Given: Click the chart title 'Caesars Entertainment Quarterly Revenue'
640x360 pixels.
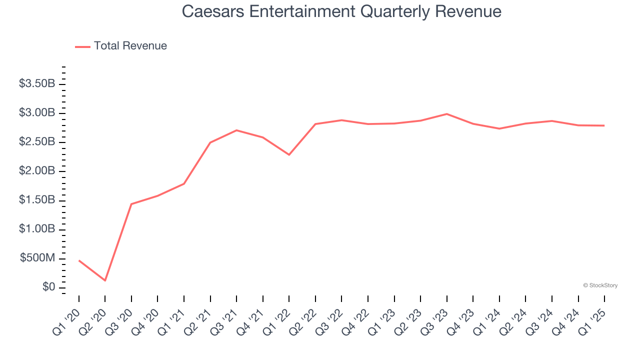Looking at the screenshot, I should point(341,11).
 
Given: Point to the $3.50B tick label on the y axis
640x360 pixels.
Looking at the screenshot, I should point(37,83).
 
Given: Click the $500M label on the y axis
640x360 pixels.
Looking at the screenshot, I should point(37,258).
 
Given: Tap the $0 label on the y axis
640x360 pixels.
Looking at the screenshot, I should point(48,287).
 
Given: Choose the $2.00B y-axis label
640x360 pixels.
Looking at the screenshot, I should point(37,171).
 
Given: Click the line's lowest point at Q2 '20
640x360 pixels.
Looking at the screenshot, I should point(105,280).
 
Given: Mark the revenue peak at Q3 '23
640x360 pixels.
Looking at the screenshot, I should point(446,114).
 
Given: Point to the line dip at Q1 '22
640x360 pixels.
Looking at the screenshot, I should point(289,154).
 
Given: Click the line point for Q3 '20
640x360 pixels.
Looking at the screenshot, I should point(131,204).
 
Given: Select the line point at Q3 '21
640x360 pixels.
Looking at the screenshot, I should point(236,130).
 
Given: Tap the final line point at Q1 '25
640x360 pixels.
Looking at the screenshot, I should point(604,125).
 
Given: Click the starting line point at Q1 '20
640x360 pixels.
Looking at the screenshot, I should point(79,260).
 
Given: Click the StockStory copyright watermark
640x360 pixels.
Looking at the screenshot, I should point(600,285).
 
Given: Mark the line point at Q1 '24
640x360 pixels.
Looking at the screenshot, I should point(499,128).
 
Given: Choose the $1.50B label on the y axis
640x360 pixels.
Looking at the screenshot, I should point(37,200).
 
